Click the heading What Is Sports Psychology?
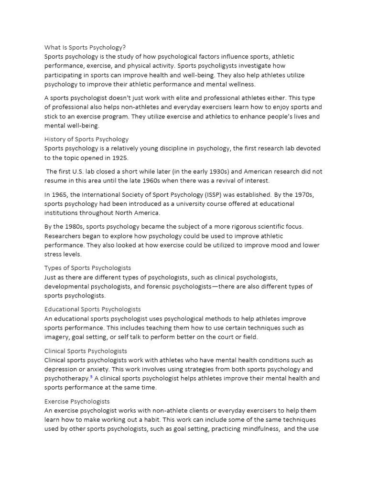tap(85, 47)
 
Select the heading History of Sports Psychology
tap(86, 139)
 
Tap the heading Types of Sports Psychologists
tap(87, 268)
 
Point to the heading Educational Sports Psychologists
tap(93, 309)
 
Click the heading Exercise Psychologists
tap(77, 402)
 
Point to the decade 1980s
tap(70, 226)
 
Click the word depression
tap(62, 369)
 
